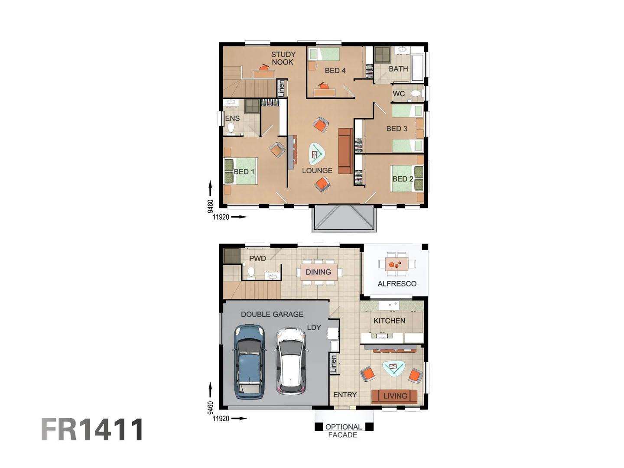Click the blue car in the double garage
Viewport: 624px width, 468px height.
[x=249, y=362]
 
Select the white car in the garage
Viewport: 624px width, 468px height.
[x=290, y=361]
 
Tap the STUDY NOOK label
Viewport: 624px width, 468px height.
[x=283, y=58]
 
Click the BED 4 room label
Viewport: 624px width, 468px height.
[x=335, y=71]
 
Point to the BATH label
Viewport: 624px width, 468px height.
[x=398, y=69]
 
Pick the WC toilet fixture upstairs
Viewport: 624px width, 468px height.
[x=416, y=93]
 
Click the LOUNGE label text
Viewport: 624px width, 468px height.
[x=317, y=171]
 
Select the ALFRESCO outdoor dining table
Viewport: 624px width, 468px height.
[x=396, y=264]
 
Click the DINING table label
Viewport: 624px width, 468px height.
[x=318, y=272]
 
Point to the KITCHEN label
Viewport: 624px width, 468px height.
[x=389, y=321]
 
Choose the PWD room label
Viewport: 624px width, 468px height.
[x=257, y=258]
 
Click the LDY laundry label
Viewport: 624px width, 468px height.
[x=314, y=328]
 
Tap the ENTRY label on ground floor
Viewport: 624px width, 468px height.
[x=345, y=395]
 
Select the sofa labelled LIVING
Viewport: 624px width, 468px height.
[x=395, y=396]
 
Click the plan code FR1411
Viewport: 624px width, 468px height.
[x=92, y=430]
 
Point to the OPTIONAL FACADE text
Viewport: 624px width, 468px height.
[x=343, y=431]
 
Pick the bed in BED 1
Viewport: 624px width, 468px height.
[x=240, y=172]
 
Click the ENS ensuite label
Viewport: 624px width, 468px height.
[x=232, y=118]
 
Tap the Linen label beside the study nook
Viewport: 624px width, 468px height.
[x=281, y=88]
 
